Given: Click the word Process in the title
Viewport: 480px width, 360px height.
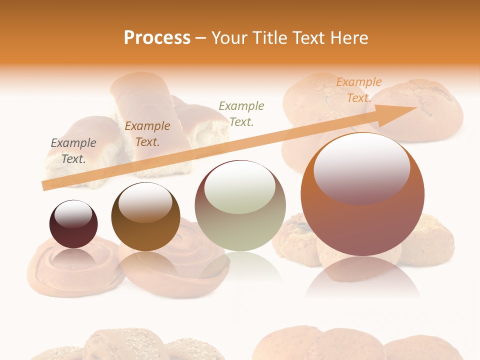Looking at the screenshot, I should (x=157, y=38).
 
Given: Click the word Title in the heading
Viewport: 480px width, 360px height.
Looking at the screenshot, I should (x=268, y=38).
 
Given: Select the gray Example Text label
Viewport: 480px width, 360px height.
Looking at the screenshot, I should (x=73, y=151).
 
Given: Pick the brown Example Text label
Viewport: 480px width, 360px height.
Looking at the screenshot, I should (x=147, y=134).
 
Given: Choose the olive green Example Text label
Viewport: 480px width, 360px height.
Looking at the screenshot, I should (x=241, y=113).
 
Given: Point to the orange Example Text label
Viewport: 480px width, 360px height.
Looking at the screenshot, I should (x=358, y=90).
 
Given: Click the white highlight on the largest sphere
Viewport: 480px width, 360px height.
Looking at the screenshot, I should (x=361, y=167).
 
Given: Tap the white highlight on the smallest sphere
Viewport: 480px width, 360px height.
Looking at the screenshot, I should (x=73, y=214).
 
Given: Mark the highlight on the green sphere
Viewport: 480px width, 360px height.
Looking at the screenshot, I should (x=239, y=187).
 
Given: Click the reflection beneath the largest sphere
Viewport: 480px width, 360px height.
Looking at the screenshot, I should (x=362, y=277).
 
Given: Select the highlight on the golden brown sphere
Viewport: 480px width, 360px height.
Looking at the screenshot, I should (x=145, y=202).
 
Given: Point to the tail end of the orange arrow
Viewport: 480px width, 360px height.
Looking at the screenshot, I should (x=45, y=185).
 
